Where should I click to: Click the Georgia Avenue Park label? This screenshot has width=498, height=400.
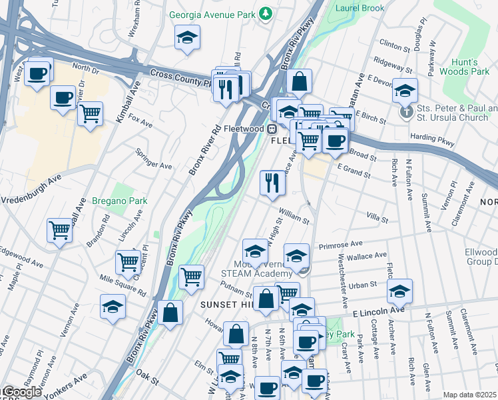click(x=212, y=13)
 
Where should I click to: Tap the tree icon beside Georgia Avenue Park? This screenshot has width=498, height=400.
click(x=266, y=13)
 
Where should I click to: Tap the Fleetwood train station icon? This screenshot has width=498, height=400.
click(x=272, y=129)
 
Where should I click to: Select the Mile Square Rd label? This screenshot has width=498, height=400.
click(x=123, y=285)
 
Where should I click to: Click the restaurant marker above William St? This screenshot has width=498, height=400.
click(x=272, y=183)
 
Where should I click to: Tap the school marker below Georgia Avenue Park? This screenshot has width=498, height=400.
click(x=188, y=38)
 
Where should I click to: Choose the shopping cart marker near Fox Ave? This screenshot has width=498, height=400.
click(x=90, y=113)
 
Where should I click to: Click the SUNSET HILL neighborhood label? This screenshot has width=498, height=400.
click(x=227, y=304)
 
